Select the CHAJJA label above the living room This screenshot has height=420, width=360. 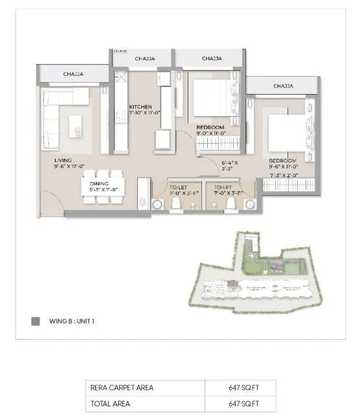pos(72,75)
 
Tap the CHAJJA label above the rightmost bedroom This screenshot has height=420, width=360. pos(282,86)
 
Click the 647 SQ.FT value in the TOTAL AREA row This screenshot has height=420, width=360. pos(240,404)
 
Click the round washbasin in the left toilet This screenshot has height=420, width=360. pos(157,205)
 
